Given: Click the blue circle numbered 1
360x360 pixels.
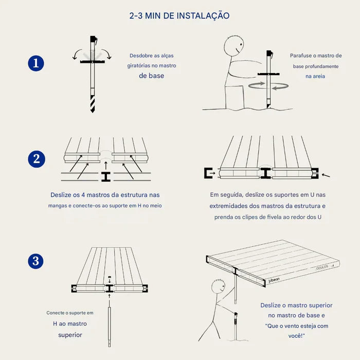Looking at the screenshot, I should (35, 64).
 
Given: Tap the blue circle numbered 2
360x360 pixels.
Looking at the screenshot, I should (35, 159).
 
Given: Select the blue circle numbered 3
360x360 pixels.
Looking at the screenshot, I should (35, 261).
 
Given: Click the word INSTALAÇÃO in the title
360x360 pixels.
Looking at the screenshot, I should (203, 16).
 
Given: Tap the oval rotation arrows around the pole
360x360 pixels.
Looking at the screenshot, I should (268, 86).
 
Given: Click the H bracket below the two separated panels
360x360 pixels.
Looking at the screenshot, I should (105, 177).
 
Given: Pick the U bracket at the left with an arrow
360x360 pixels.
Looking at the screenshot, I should (210, 173).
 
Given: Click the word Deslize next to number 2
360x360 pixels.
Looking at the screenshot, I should (62, 195).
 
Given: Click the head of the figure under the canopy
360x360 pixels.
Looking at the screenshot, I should (217, 284).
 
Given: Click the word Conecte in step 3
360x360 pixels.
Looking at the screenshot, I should (57, 313).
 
